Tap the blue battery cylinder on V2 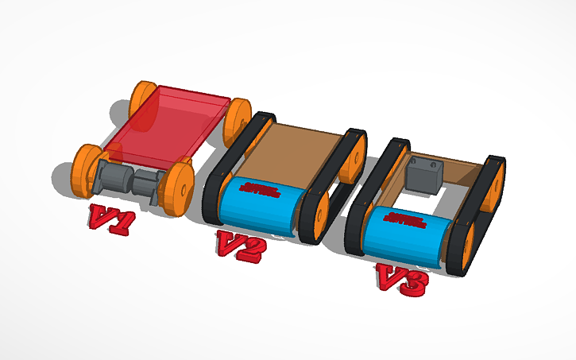[x=258, y=207]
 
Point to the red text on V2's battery [x=260, y=190]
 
